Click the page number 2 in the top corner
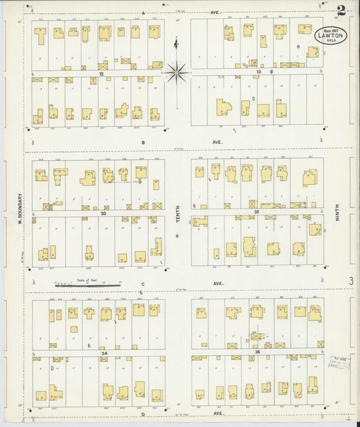(x=342, y=11)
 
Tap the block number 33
(x=103, y=214)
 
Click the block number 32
(x=257, y=211)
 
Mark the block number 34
(x=103, y=353)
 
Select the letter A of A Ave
(x=143, y=13)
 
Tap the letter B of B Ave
(x=143, y=143)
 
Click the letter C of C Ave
(x=143, y=284)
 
